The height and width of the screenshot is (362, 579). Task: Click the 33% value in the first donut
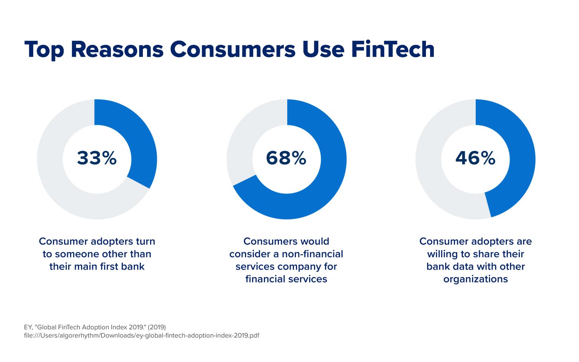(97, 158)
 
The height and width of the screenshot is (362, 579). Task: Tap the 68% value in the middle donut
(286, 158)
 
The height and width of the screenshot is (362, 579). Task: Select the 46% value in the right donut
(475, 158)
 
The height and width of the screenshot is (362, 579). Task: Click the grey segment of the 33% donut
(57, 181)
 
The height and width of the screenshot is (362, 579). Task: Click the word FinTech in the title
(393, 49)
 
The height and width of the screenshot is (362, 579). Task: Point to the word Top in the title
(44, 49)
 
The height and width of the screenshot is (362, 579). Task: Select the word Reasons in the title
(117, 49)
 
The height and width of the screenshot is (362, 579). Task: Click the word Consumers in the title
(233, 49)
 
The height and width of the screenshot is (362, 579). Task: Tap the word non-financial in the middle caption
(312, 254)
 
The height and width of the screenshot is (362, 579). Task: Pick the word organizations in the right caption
(475, 279)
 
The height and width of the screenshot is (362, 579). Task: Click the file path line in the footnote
(141, 336)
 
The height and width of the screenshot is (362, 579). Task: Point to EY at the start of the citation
(28, 327)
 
